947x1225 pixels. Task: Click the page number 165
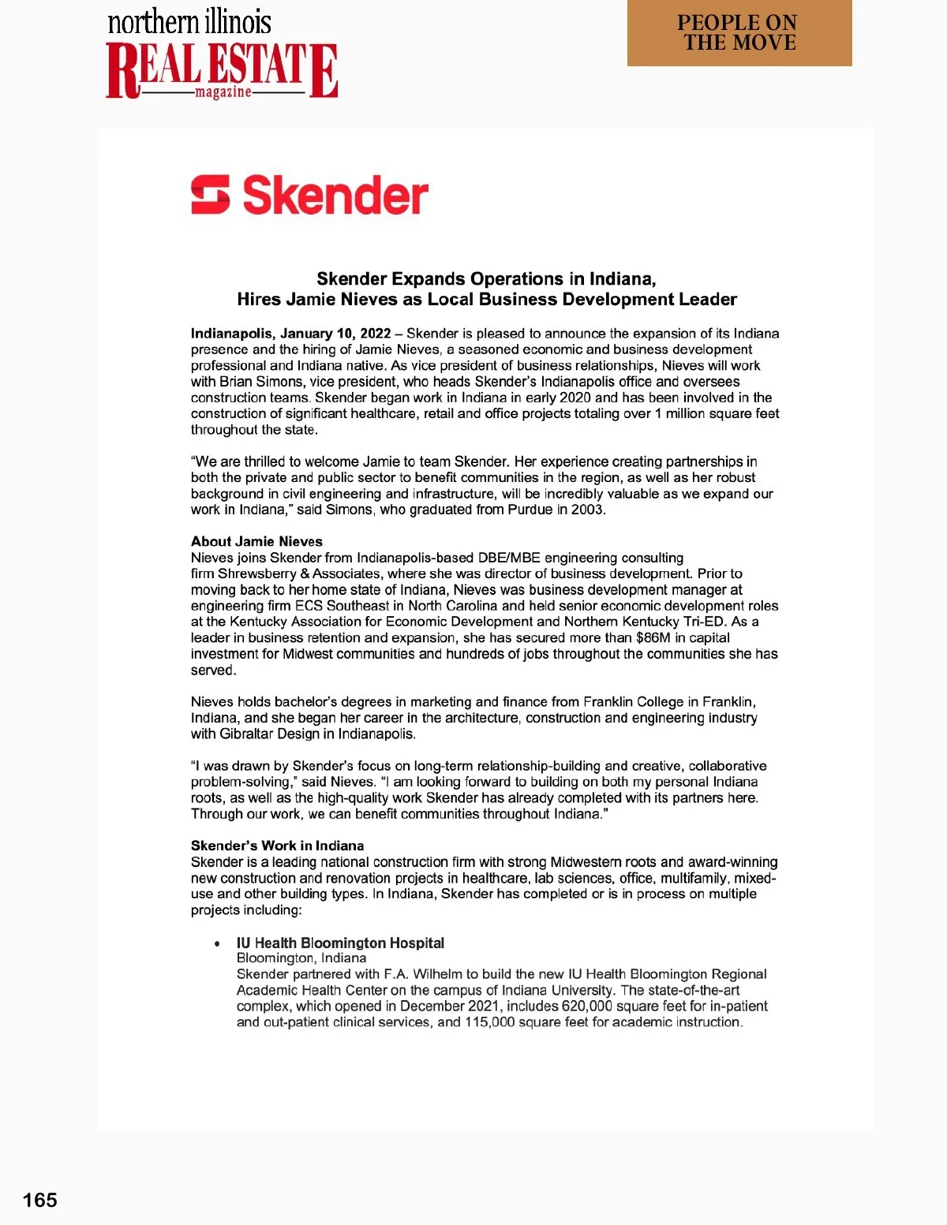click(x=40, y=1200)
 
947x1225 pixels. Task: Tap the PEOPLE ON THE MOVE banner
click(x=739, y=33)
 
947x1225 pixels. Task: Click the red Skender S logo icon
click(x=211, y=195)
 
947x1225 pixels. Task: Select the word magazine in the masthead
click(x=223, y=92)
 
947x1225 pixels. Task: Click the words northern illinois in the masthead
click(x=189, y=22)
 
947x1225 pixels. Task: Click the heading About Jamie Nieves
click(x=256, y=541)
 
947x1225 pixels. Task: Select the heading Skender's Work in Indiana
click(x=277, y=846)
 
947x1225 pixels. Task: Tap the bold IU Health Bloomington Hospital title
click(x=340, y=943)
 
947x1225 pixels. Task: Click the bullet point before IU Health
click(x=217, y=943)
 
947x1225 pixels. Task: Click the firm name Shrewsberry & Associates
click(x=305, y=573)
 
